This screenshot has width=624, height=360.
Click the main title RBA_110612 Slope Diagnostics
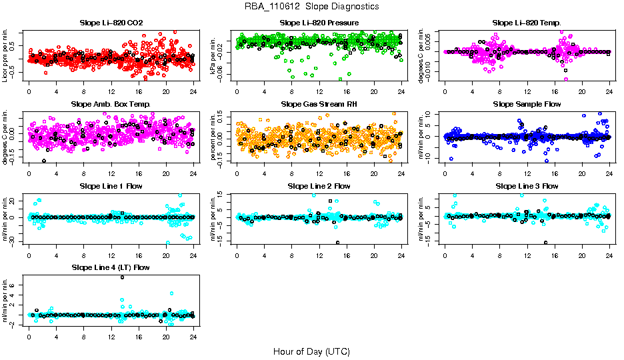pos(312,6)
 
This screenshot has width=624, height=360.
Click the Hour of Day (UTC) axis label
pos(311,351)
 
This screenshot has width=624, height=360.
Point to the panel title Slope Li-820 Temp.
pos(527,23)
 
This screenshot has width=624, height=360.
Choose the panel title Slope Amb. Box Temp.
pos(111,105)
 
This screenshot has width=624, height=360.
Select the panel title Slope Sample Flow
pos(527,105)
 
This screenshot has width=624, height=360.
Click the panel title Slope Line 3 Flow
pos(527,186)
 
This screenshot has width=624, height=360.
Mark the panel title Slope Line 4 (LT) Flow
pos(111,267)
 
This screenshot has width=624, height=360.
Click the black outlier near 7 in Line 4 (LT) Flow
pos(123,277)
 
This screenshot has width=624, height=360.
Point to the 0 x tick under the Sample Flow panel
pos(445,174)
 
